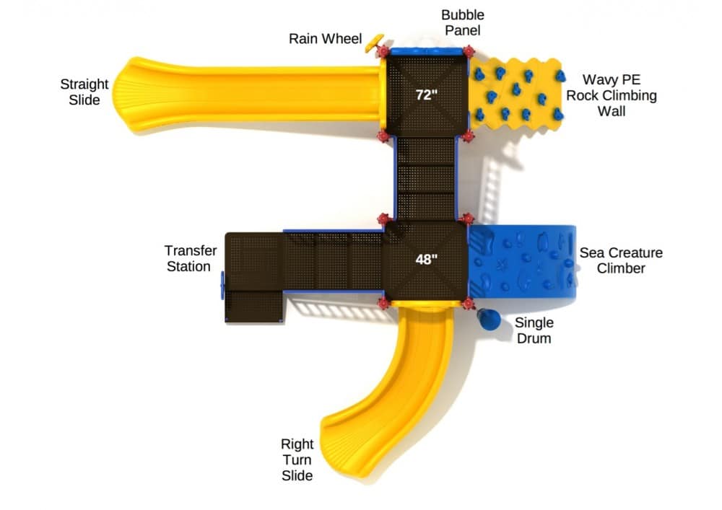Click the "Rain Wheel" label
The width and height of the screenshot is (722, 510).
click(x=325, y=39)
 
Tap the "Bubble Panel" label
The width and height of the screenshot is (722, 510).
click(x=462, y=22)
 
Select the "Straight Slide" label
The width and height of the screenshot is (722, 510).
click(x=84, y=92)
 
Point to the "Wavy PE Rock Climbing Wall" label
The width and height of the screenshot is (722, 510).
click(x=611, y=95)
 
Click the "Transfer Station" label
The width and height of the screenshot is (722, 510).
click(x=190, y=258)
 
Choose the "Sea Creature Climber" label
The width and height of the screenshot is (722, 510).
click(x=621, y=260)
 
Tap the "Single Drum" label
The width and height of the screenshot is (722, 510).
click(x=534, y=330)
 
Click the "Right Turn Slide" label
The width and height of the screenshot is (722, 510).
click(x=297, y=460)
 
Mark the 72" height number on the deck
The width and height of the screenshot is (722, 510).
click(x=427, y=94)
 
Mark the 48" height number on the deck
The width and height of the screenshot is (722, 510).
click(x=427, y=260)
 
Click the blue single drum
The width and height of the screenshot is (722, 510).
click(x=489, y=319)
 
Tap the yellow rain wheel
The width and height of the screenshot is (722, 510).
click(x=373, y=43)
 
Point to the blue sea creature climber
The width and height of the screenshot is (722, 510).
click(x=522, y=261)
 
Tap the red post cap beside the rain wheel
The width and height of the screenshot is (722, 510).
click(x=383, y=51)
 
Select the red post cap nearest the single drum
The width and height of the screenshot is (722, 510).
click(x=468, y=304)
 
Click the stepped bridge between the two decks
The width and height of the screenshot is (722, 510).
click(x=426, y=178)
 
